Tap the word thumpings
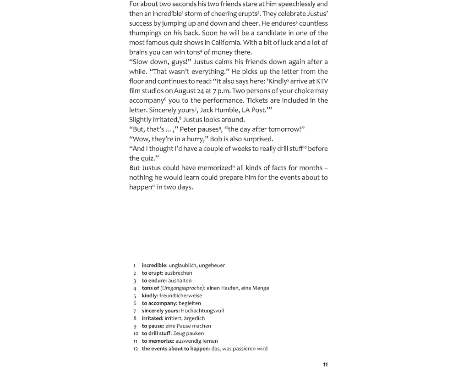tap(147, 33)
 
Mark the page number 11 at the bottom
tap(325, 364)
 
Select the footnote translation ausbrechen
tap(178, 273)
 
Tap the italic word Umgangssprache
tap(182, 288)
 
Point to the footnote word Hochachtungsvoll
tap(202, 311)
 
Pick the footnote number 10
tap(136, 334)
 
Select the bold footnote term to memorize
tap(158, 341)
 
